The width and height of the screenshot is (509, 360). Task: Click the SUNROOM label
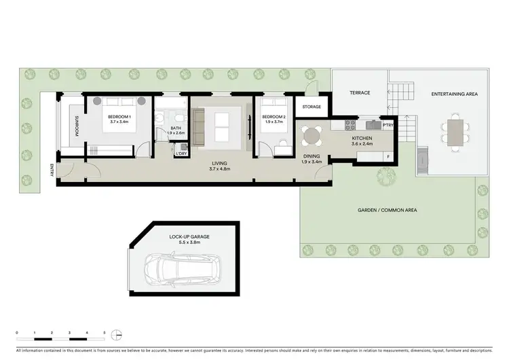(77, 126)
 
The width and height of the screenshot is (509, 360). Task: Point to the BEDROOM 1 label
(120, 117)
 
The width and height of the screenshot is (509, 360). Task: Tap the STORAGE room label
(312, 107)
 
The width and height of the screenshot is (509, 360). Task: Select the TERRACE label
(359, 92)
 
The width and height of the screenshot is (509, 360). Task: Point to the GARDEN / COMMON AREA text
(387, 211)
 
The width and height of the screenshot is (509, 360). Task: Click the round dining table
(312, 137)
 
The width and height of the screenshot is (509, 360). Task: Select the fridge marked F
(387, 157)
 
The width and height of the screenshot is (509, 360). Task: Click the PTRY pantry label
(388, 125)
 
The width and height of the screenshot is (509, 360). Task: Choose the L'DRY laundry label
(181, 154)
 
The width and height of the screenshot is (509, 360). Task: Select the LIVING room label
(219, 164)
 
